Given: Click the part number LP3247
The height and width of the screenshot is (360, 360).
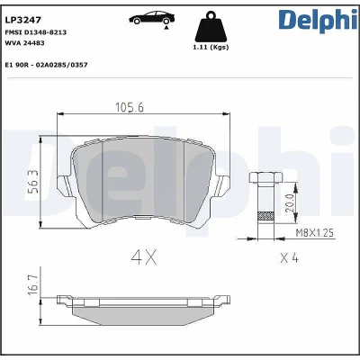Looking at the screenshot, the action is click(x=23, y=20).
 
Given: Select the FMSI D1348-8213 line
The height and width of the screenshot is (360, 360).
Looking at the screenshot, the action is click(x=36, y=32).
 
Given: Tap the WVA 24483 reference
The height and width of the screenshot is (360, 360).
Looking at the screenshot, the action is click(x=25, y=43).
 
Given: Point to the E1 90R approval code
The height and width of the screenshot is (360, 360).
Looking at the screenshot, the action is click(x=47, y=65).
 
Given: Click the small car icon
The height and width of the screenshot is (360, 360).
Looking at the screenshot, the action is click(x=152, y=18).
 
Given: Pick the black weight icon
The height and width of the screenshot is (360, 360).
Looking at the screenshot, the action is click(x=211, y=26).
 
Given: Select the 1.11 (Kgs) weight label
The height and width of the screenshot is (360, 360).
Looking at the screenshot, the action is click(x=211, y=48).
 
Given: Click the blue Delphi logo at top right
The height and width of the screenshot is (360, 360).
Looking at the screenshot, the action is click(x=318, y=20).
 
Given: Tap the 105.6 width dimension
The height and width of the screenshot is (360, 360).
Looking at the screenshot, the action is click(x=130, y=107).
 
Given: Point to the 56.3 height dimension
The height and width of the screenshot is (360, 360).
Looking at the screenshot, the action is click(x=34, y=181).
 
